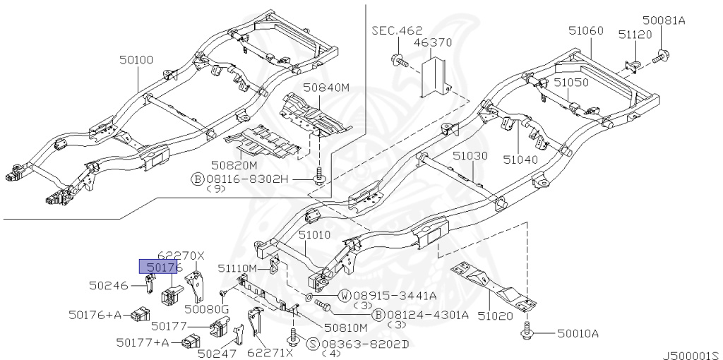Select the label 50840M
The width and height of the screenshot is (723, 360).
click(x=326, y=88)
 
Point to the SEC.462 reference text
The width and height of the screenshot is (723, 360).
click(x=397, y=30)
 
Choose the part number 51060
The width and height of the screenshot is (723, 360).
click(x=586, y=30)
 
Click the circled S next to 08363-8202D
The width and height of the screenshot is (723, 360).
click(x=313, y=343)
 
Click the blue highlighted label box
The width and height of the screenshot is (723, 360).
click(x=160, y=267)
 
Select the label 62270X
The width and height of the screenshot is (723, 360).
click(x=181, y=256)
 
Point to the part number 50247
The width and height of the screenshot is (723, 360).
click(x=217, y=353)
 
